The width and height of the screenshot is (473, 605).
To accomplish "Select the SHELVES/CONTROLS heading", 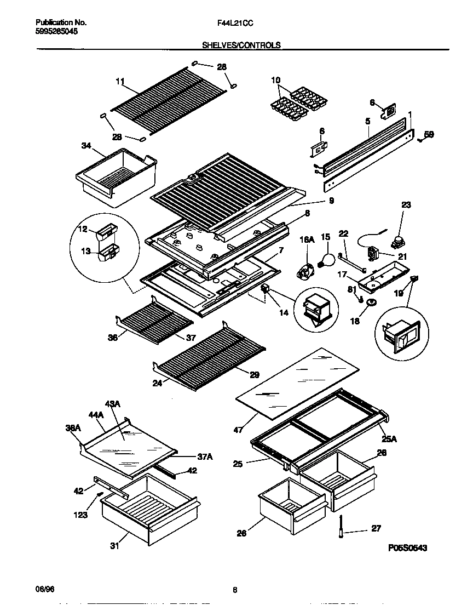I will (241, 45).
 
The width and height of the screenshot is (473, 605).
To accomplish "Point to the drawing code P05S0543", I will (407, 547).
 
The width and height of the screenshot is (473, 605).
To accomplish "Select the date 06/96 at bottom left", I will (44, 590).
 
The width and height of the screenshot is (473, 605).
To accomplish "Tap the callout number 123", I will (81, 515).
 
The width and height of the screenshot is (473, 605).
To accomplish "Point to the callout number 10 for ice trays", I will (275, 80).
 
